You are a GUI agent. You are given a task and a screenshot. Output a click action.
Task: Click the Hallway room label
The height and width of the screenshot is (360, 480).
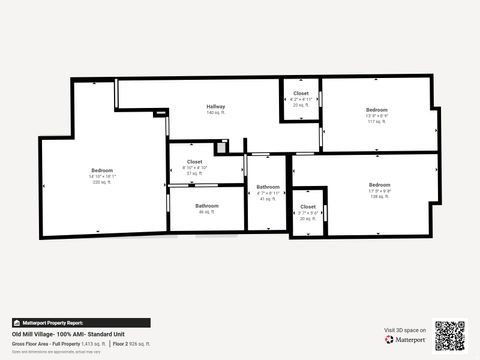[x=216, y=106]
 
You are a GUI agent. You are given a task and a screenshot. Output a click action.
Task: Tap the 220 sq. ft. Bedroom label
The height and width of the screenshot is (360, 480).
[x=103, y=170]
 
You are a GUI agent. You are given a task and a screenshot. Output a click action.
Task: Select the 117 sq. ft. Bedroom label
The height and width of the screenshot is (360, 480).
[x=376, y=109]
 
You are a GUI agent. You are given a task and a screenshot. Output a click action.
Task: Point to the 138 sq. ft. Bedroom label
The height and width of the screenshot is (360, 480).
[x=379, y=184]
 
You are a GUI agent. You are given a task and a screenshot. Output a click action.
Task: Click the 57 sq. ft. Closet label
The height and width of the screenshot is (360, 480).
[x=194, y=160]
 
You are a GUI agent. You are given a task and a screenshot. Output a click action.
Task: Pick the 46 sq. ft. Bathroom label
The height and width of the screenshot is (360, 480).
[x=207, y=206]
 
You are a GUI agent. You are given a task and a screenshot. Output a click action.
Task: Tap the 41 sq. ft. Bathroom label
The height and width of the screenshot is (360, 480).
[x=267, y=187]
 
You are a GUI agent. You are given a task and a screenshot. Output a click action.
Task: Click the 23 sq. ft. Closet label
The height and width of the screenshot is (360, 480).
[x=301, y=93]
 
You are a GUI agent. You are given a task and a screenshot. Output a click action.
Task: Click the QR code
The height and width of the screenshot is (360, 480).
[x=450, y=335]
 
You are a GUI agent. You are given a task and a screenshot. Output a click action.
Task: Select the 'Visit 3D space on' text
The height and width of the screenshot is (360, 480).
[x=405, y=330]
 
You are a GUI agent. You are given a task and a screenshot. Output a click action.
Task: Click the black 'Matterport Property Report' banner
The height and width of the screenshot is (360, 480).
[x=80, y=323]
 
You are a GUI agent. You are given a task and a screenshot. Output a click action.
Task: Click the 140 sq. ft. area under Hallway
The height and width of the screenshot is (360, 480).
[x=216, y=112]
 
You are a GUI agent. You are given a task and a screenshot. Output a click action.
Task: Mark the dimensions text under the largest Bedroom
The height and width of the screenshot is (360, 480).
[x=103, y=177]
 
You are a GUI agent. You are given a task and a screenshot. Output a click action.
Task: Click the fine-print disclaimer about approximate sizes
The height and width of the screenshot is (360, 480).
[x=56, y=351]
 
